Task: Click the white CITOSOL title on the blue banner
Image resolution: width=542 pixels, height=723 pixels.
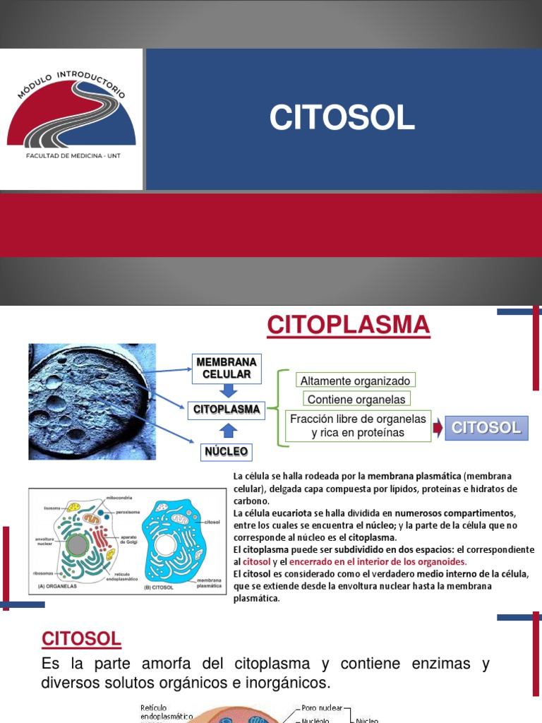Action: (342, 119)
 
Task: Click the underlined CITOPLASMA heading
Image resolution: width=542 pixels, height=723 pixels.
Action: (349, 325)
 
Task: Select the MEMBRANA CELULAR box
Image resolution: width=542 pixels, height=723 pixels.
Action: (227, 368)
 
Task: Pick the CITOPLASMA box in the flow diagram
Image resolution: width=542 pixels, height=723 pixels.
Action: (227, 409)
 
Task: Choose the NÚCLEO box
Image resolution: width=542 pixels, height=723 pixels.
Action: (226, 450)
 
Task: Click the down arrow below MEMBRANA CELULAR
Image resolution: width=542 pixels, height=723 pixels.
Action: (227, 390)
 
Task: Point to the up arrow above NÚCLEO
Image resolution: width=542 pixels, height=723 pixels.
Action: (227, 430)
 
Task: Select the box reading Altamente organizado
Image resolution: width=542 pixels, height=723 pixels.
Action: (355, 381)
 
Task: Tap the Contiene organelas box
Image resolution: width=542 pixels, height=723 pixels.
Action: (356, 400)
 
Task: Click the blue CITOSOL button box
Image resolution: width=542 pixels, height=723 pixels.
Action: (486, 427)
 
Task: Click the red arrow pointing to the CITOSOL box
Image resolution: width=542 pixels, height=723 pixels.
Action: (438, 426)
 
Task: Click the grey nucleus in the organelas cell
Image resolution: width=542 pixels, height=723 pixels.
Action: (77, 546)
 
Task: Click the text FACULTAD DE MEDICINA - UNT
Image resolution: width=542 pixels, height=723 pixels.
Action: (73, 154)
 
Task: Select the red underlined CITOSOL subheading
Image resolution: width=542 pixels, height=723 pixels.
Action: (81, 639)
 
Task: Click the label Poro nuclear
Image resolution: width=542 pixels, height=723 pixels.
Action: (322, 707)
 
